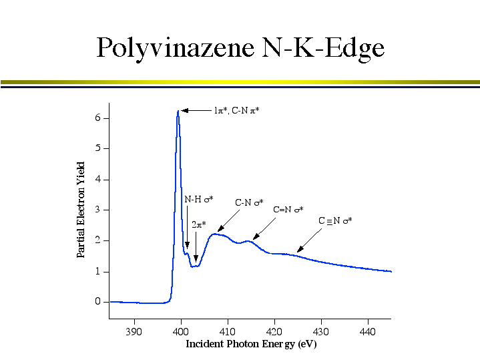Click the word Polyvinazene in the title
(173, 48)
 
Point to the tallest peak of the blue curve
(178, 112)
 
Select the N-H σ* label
(198, 199)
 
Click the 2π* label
(199, 224)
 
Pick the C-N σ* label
(249, 202)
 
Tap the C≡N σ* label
(335, 220)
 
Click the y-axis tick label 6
(97, 118)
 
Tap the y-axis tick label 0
(97, 302)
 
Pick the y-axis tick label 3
(97, 210)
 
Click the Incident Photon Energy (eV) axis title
(250, 345)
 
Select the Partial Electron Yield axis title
(81, 210)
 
